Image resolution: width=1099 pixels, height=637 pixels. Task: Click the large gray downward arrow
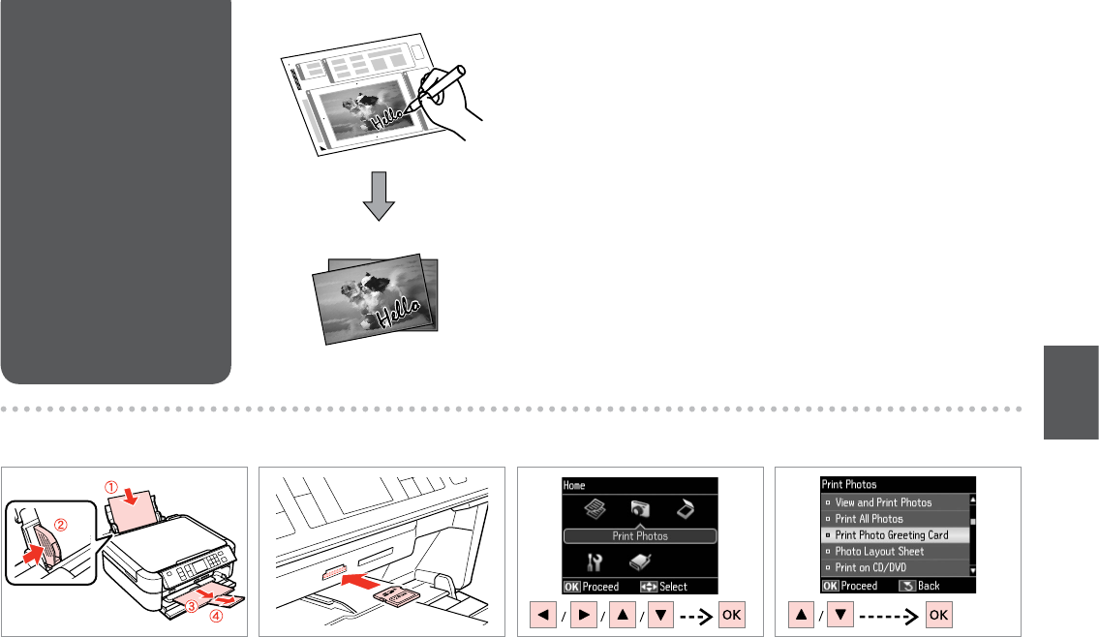[x=379, y=197]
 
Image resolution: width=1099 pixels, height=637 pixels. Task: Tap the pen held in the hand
[x=436, y=87]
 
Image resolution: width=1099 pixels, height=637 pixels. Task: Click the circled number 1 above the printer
[x=111, y=487]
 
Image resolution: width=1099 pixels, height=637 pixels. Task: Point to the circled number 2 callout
[x=61, y=524]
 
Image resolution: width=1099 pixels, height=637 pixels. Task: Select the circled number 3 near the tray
[x=192, y=607]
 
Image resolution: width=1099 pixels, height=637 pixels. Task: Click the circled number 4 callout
[x=217, y=616]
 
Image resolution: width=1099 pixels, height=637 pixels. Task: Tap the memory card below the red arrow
[x=397, y=595]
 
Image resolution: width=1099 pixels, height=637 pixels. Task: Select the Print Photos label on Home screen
[x=640, y=536]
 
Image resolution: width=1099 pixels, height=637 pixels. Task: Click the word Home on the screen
[x=574, y=485]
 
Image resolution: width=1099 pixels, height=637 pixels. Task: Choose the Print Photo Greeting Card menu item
[x=892, y=534]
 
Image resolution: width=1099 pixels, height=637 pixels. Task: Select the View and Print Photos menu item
[x=883, y=502]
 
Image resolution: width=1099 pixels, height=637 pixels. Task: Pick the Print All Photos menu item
[x=870, y=519]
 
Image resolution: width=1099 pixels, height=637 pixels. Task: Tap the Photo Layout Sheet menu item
[x=879, y=552]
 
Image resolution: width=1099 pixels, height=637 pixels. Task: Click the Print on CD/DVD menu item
[x=870, y=567]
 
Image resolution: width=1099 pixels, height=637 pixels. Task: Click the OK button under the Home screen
[x=732, y=615]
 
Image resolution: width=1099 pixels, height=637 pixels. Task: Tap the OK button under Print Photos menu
[x=938, y=615]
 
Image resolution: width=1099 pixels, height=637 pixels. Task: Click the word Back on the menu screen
[x=929, y=586]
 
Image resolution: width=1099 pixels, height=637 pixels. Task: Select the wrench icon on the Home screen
[x=595, y=562]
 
